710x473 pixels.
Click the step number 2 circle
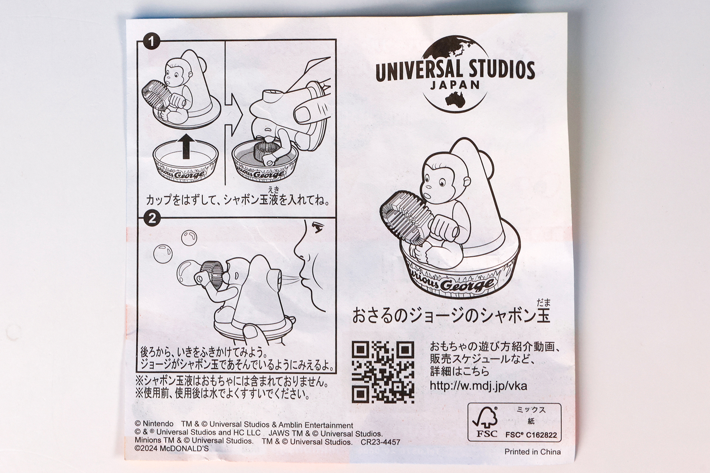tap(151, 219)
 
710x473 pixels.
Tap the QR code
tap(383, 372)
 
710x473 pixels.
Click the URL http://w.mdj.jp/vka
tap(478, 386)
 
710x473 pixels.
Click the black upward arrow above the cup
tap(186, 146)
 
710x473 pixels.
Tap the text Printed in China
tap(532, 452)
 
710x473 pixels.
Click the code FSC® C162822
tap(531, 435)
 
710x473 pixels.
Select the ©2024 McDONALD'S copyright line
tap(172, 449)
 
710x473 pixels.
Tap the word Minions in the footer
tap(148, 441)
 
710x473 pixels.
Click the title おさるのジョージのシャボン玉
tap(451, 316)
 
